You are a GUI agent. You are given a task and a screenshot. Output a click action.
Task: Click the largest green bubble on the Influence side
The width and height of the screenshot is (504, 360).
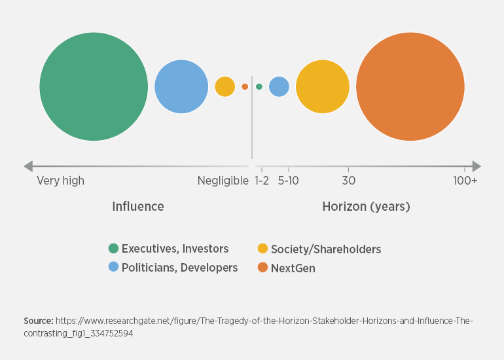[x=94, y=86]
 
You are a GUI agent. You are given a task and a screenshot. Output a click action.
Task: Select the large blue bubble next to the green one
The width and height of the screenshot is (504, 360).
[x=181, y=86]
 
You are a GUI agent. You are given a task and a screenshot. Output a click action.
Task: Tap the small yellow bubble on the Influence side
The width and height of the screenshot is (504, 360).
[x=225, y=86]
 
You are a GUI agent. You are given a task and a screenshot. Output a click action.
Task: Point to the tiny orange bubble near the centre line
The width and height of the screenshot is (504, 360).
[x=245, y=86]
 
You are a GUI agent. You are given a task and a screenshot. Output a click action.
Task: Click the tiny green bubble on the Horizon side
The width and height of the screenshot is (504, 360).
[x=259, y=86]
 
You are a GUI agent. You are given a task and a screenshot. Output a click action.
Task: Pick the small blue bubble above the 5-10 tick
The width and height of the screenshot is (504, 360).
[x=279, y=86]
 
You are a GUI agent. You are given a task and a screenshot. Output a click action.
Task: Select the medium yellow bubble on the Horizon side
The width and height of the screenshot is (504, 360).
[x=323, y=86]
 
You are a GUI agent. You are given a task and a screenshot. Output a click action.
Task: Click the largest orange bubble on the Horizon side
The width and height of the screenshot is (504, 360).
[x=410, y=86]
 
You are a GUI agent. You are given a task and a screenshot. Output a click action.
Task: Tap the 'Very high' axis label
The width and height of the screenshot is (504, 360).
[x=60, y=181]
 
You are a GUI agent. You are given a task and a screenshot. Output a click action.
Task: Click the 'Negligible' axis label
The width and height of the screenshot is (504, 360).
[x=223, y=181]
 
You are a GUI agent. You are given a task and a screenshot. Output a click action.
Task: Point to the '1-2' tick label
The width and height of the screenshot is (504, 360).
[x=262, y=181]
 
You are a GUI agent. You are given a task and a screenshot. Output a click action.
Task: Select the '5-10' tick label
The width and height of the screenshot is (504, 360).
[x=289, y=181]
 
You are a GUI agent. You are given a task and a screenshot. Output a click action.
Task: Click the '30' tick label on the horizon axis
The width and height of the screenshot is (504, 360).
[x=349, y=181]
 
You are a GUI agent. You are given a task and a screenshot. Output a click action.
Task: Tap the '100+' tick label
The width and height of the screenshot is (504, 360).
[x=465, y=181]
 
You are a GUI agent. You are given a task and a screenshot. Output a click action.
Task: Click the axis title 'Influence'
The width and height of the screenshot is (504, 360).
[x=138, y=207]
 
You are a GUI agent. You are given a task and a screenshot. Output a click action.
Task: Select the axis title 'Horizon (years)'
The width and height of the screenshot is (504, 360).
[x=366, y=207]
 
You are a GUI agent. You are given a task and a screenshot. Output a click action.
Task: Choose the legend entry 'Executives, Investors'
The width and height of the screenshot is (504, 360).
[x=175, y=249]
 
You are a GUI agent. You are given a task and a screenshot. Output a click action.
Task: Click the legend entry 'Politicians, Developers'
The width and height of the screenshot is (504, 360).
[x=179, y=267]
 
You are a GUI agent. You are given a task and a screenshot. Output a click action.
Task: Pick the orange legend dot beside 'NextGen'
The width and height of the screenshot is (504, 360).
[x=262, y=268]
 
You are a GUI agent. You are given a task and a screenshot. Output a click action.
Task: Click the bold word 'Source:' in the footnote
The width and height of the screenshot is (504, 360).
[x=38, y=321]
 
